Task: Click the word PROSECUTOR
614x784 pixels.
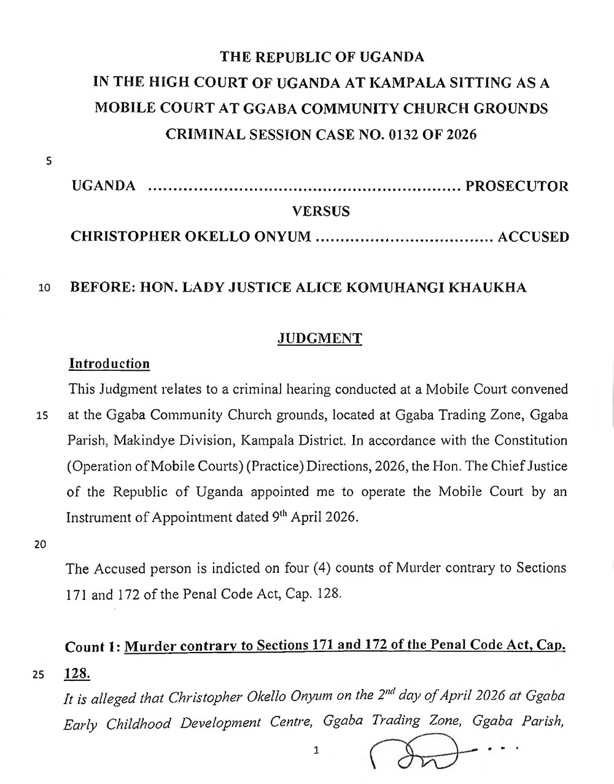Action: click(x=517, y=185)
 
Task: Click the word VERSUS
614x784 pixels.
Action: click(x=321, y=211)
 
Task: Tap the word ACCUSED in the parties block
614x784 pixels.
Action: click(x=533, y=237)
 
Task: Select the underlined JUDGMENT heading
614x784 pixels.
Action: click(x=320, y=338)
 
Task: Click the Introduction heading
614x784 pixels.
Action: click(x=109, y=363)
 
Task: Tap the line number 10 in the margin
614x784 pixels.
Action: click(x=44, y=288)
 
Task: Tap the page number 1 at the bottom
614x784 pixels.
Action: click(x=316, y=750)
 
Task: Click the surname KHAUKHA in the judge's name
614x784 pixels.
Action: click(x=489, y=287)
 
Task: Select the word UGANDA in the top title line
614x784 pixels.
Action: click(x=392, y=57)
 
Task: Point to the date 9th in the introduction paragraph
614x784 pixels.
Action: click(x=278, y=517)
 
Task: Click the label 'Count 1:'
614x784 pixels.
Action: click(x=92, y=647)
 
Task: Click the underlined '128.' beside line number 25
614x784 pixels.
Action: click(x=77, y=673)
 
